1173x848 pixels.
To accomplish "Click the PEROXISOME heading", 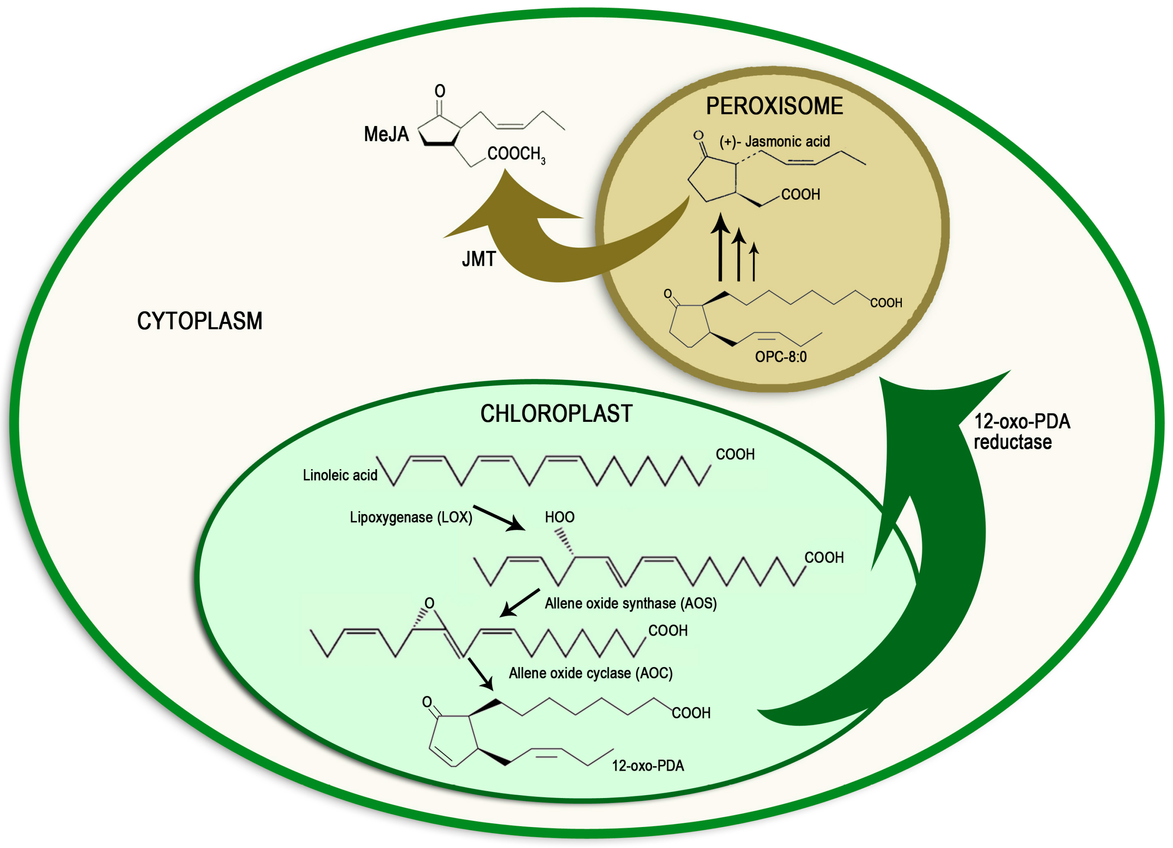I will click(x=774, y=106).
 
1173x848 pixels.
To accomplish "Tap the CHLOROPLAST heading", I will click(x=556, y=414).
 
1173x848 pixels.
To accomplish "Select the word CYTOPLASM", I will click(x=199, y=321).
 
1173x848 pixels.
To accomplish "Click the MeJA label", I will click(x=386, y=135).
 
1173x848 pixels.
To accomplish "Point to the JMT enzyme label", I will click(x=478, y=259).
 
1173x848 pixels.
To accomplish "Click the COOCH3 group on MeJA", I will click(x=516, y=154).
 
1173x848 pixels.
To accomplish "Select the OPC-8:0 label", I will click(x=781, y=357).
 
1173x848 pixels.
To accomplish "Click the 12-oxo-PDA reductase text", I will click(x=1021, y=432).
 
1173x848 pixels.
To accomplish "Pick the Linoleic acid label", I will click(x=340, y=475).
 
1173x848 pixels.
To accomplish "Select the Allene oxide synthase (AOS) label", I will click(x=630, y=603).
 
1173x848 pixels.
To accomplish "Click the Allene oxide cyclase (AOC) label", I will click(x=590, y=673).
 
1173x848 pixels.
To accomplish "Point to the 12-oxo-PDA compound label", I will click(x=648, y=766).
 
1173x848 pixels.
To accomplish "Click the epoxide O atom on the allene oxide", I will click(x=429, y=603).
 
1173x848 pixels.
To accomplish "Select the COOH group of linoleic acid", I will click(x=735, y=454).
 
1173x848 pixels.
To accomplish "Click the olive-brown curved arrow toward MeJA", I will click(x=548, y=243).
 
